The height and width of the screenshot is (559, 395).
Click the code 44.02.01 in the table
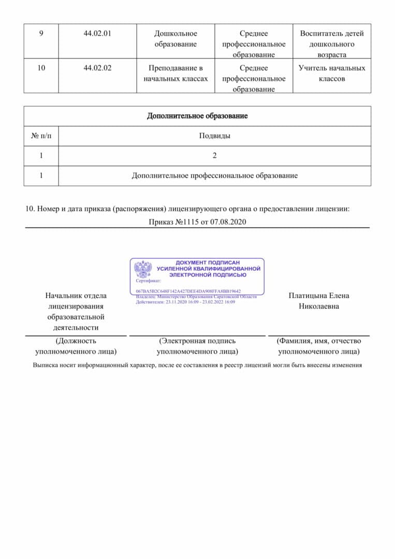point(97,34)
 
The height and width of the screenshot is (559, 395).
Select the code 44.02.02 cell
point(97,68)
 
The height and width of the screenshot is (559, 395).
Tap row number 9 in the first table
point(41,34)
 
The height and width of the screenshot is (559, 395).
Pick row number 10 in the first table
point(41,68)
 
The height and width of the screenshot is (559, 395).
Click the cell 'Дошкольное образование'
point(175,39)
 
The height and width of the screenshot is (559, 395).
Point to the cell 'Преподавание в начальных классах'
point(175,73)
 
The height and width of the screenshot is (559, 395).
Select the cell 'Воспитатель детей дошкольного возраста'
point(332,44)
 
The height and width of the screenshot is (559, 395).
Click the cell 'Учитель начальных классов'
point(332,73)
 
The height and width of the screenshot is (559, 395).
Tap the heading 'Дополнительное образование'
point(197,116)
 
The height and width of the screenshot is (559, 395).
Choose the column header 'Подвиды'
point(214,136)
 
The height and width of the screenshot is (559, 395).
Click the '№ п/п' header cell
point(41,136)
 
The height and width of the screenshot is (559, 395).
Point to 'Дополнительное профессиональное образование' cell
point(214,175)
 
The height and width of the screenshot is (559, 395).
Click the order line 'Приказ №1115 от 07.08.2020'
point(197,222)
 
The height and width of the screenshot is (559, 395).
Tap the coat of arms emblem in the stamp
point(143,269)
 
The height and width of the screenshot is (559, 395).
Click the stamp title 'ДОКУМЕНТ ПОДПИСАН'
point(208,263)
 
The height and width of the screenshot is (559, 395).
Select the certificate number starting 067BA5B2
point(188,291)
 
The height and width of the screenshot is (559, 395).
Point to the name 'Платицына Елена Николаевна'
point(319,301)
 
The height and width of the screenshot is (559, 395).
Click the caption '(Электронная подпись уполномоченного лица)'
point(197,346)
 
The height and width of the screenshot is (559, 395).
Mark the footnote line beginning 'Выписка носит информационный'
point(197,365)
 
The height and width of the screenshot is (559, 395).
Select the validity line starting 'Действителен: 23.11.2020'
point(185,302)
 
